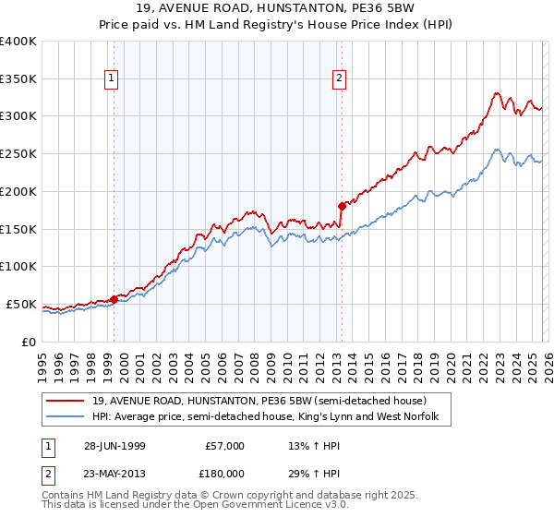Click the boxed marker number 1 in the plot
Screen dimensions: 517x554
coord(111,79)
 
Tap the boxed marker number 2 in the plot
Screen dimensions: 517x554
coord(340,79)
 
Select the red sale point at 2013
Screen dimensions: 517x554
coord(342,205)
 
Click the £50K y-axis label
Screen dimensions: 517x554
coord(20,304)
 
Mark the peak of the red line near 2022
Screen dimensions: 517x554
coord(497,92)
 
